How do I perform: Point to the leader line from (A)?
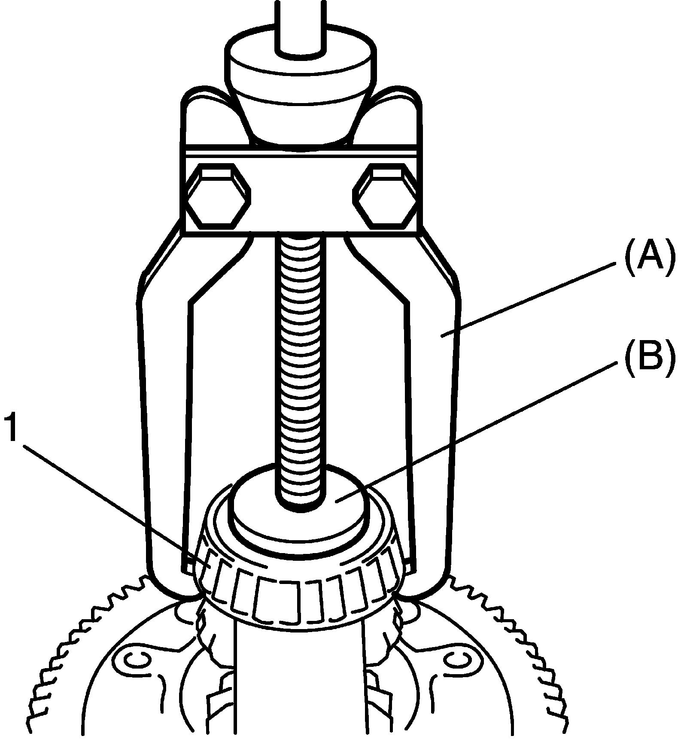[528, 301]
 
